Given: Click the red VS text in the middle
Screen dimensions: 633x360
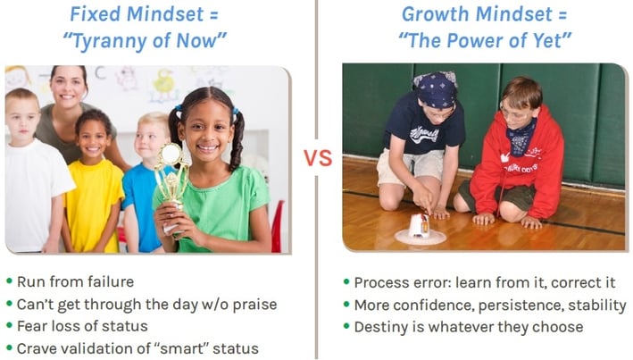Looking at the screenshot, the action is point(318,158).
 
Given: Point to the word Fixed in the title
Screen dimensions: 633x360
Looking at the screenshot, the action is point(96,14).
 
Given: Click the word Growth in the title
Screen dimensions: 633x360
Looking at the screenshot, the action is point(436,14).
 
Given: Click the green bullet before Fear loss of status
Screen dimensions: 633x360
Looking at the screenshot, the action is point(10,325).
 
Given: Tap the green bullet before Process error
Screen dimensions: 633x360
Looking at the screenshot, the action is point(346,281).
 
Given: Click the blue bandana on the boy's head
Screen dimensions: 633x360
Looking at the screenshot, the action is point(435,88).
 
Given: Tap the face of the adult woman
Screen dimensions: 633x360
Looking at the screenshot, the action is point(68,88).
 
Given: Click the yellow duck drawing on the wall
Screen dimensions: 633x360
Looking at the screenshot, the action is point(164,84).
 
